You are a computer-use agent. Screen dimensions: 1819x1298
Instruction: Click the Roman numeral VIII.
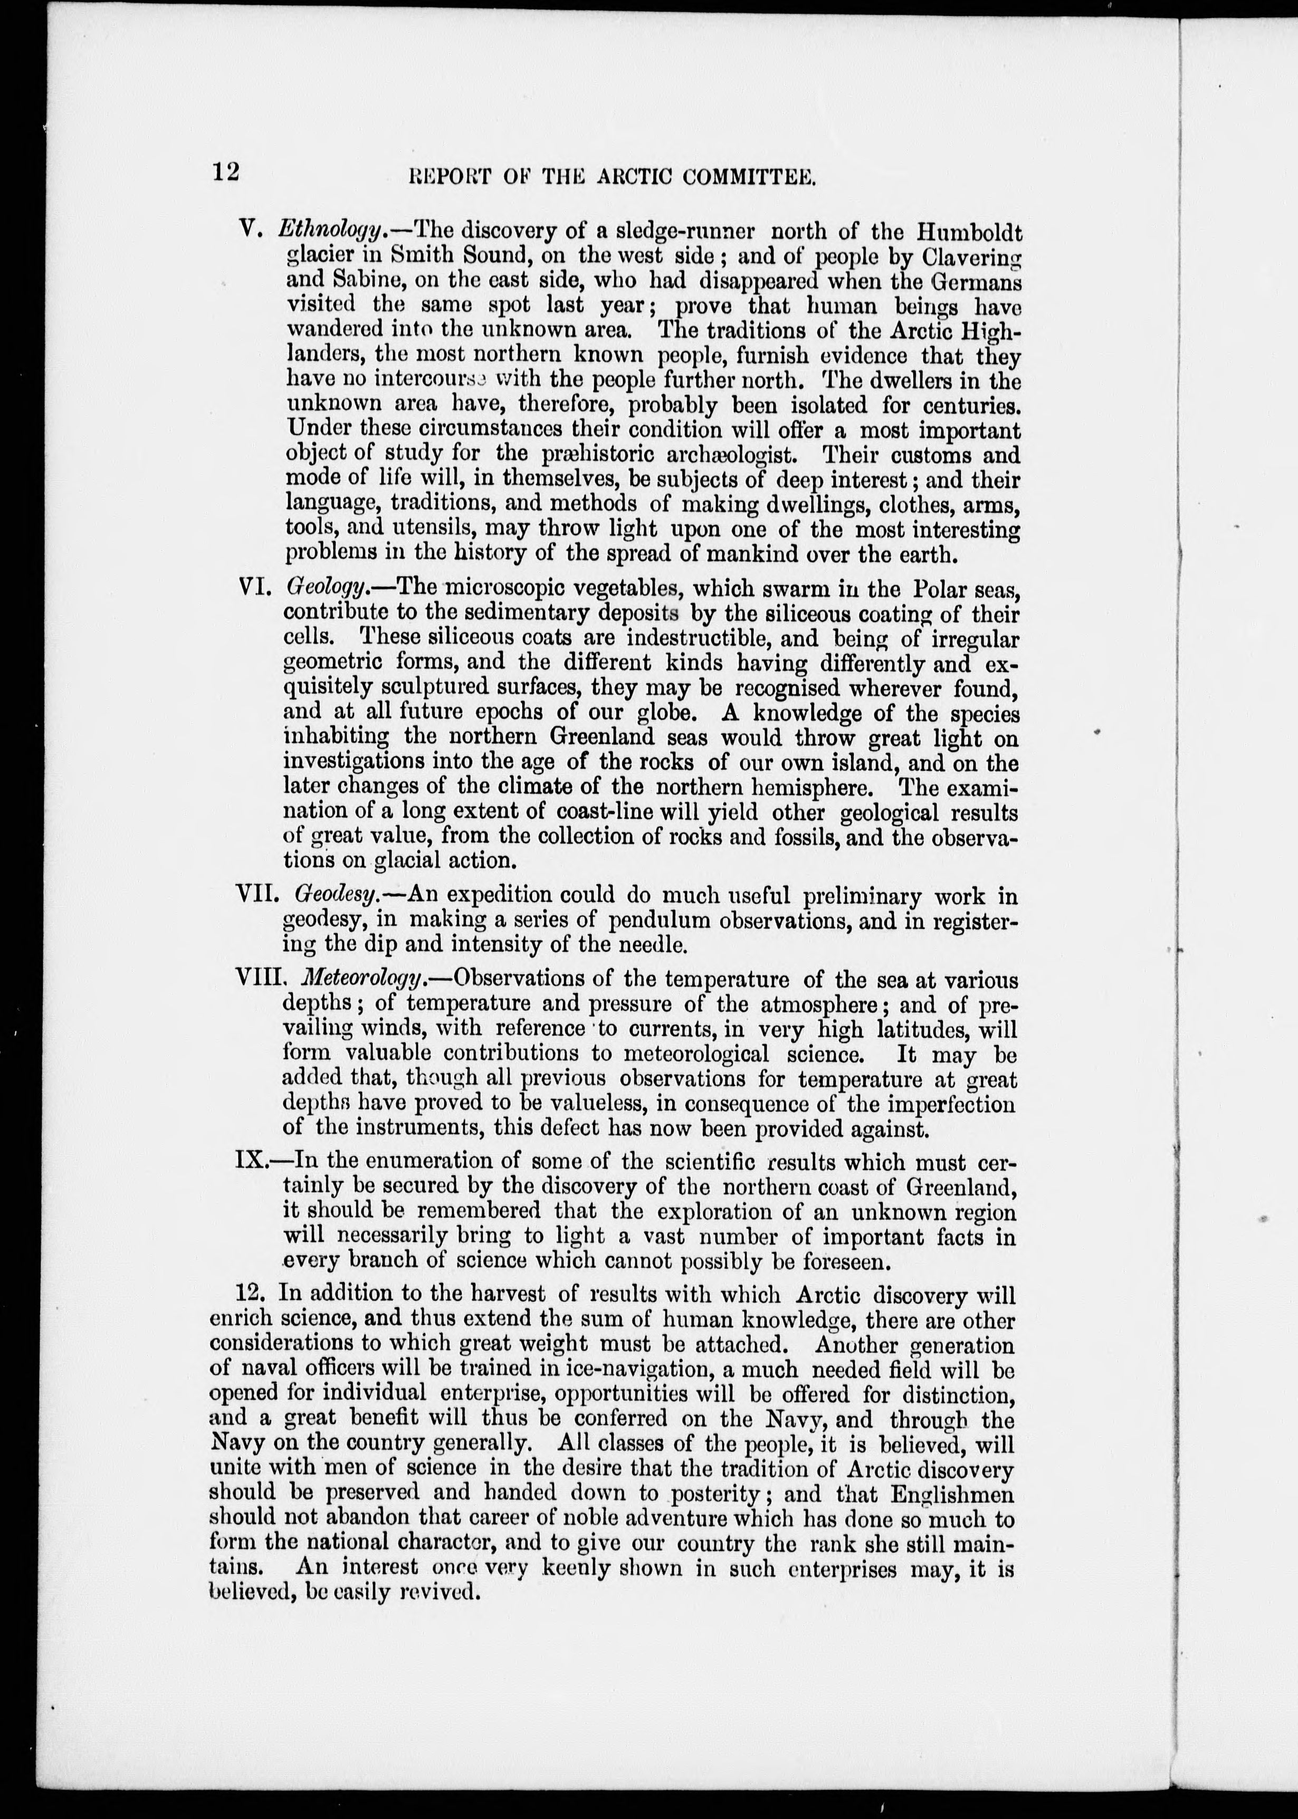tap(260, 978)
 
